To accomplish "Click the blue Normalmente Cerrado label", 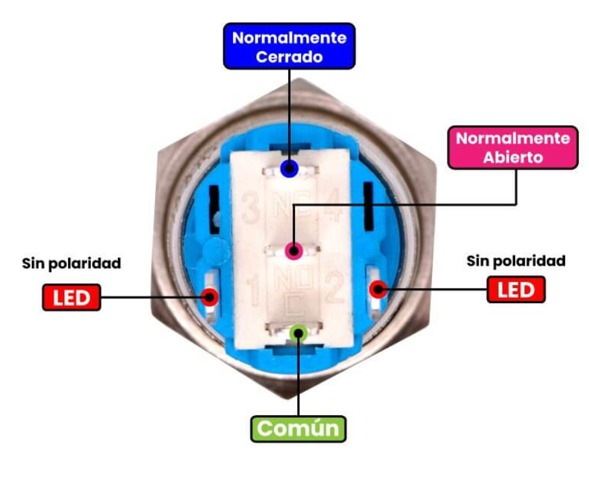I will tap(289, 47).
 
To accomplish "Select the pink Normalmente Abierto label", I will tap(512, 147).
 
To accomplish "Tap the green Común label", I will tap(298, 428).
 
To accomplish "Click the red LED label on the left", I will tap(71, 298).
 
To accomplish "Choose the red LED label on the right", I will tap(516, 289).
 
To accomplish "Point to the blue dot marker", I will tap(289, 169).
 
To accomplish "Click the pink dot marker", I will tap(294, 250).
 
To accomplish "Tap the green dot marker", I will tap(298, 332).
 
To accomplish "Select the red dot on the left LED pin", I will tap(209, 297).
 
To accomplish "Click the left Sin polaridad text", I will tap(71, 263).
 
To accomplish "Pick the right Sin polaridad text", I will tap(516, 261).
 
